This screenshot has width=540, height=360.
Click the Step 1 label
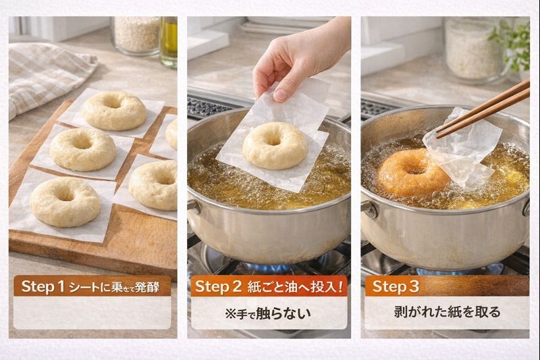point(43,286)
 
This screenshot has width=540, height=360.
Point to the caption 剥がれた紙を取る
point(447,312)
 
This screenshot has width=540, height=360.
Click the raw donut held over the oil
point(275,145)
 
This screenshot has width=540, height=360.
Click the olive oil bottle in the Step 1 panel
point(169,42)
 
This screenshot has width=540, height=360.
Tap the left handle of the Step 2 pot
point(194,207)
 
